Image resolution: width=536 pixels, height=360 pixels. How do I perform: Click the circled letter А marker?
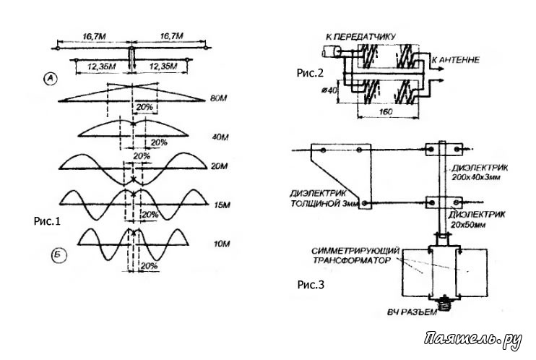51,79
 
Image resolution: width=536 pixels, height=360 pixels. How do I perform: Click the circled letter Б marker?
59,255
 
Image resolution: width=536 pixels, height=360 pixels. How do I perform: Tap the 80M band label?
219,98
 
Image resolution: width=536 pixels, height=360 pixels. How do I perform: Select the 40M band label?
220,137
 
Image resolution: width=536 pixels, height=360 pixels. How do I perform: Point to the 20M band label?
219,166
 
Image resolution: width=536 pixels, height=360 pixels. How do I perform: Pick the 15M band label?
222,205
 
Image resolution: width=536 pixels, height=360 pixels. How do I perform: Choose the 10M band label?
222,244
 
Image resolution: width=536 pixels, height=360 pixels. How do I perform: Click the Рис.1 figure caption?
47,221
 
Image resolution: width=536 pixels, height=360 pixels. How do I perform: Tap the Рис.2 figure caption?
310,73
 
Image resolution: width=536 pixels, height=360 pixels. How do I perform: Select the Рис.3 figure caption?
311,284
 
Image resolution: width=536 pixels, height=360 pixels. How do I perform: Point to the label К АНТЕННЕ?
455,60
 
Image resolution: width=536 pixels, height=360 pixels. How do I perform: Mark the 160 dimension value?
386,111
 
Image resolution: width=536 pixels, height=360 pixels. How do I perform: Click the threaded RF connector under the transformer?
445,303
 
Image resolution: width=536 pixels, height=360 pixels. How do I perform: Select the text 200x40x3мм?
476,178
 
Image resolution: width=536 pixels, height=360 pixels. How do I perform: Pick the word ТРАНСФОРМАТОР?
352,260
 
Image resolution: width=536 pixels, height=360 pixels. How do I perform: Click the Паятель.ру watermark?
473,340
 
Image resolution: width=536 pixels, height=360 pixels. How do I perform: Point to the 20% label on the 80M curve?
144,107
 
